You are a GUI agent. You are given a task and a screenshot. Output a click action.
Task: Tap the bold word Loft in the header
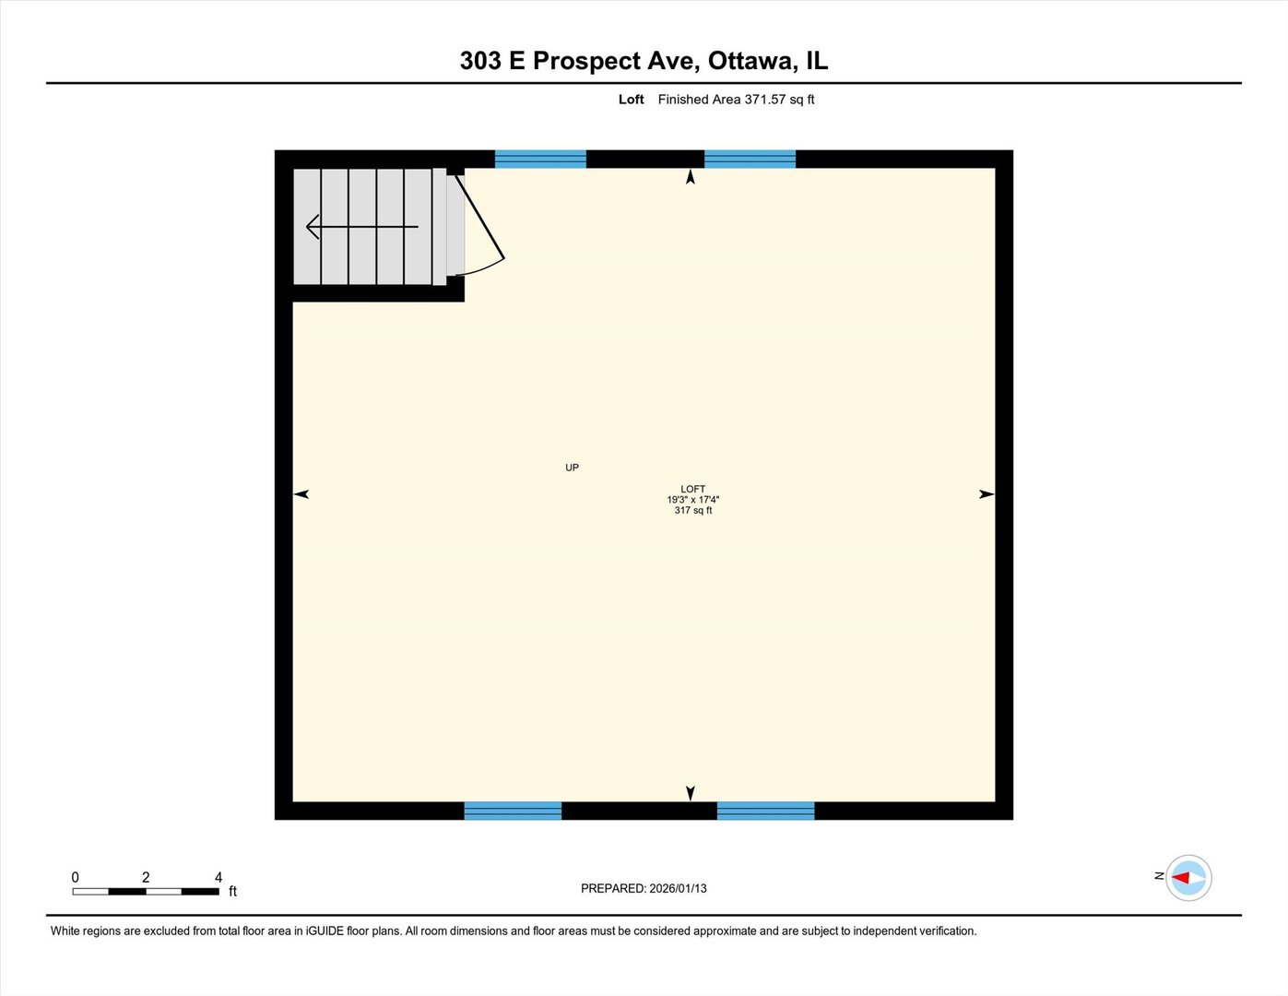631,100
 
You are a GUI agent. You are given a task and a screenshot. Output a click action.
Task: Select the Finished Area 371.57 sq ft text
736,100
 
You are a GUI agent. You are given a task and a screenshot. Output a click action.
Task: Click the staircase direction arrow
361,226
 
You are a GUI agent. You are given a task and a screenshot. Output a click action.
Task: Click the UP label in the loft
572,468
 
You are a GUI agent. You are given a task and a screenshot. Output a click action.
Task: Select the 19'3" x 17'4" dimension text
693,500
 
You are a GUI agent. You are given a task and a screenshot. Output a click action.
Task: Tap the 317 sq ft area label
693,510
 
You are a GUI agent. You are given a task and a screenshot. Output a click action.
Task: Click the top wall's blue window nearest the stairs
540,159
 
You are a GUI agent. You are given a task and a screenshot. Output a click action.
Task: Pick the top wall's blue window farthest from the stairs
750,159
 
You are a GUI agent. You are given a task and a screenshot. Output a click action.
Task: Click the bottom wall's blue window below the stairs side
513,811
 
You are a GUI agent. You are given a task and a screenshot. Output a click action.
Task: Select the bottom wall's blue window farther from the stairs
765,811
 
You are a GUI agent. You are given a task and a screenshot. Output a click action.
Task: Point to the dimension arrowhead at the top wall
691,177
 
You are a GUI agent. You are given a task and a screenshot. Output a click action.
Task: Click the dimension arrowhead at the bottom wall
691,793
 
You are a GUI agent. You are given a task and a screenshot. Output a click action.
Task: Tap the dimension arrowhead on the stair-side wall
301,494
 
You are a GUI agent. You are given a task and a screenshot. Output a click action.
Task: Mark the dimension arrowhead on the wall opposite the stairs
987,494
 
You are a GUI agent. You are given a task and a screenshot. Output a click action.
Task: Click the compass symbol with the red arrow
1188,877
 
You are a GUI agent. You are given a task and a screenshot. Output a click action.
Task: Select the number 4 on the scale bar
219,877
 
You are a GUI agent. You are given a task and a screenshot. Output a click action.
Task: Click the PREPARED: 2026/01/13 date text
644,888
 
